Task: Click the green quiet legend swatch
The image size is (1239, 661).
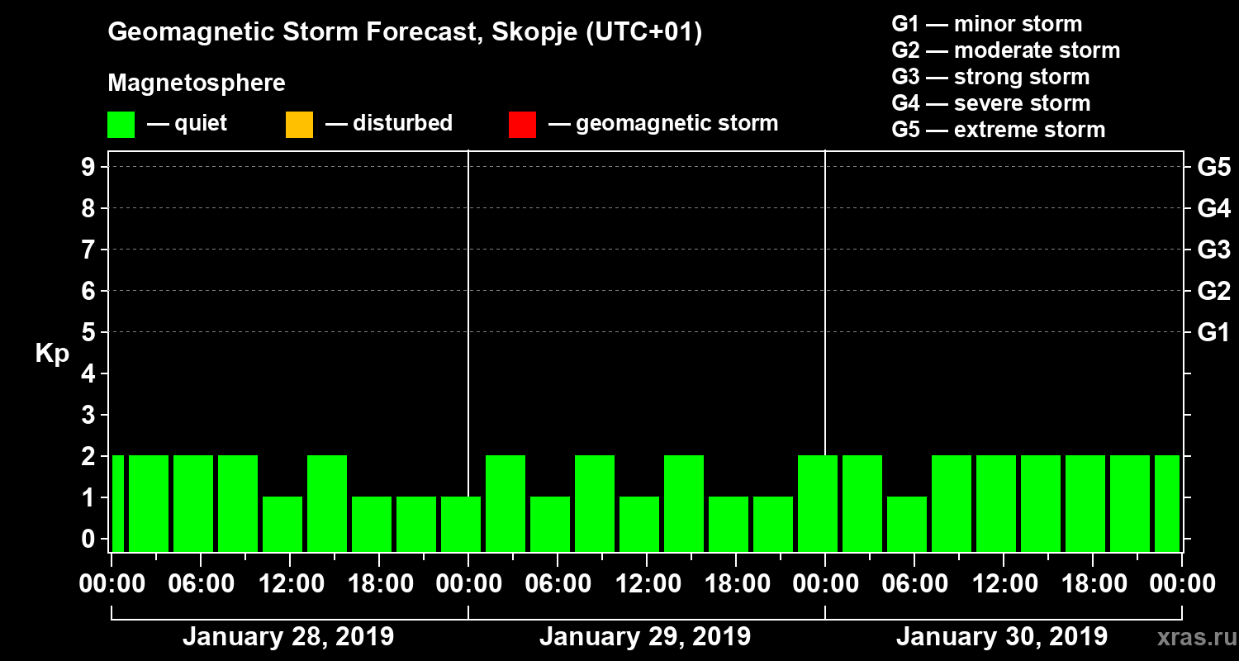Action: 121,124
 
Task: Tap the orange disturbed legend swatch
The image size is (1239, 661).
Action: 299,124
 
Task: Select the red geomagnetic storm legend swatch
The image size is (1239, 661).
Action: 522,124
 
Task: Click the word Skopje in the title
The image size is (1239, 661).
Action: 522,33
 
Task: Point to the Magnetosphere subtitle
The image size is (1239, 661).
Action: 197,83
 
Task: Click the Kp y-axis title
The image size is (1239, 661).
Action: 52,354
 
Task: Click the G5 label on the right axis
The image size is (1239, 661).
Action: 1213,167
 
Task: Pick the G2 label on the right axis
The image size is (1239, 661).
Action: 1213,291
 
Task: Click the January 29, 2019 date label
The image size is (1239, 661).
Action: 645,637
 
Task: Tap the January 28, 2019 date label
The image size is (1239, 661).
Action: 288,637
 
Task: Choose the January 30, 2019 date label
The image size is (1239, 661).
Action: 1002,637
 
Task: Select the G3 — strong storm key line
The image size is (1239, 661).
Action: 990,77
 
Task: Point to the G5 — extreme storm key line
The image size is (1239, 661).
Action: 998,130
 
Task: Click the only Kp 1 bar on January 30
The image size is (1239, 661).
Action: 907,524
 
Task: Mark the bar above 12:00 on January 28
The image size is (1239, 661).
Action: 282,524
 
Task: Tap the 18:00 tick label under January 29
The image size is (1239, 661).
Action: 735,584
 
